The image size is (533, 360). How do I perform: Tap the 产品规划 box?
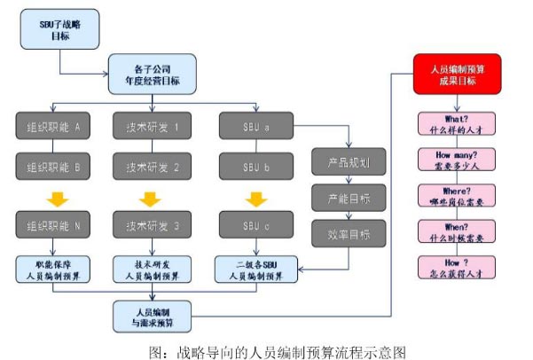[x=348, y=164]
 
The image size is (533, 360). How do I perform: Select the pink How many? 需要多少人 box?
[x=458, y=160]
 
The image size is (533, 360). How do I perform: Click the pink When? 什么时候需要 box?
[x=458, y=232]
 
